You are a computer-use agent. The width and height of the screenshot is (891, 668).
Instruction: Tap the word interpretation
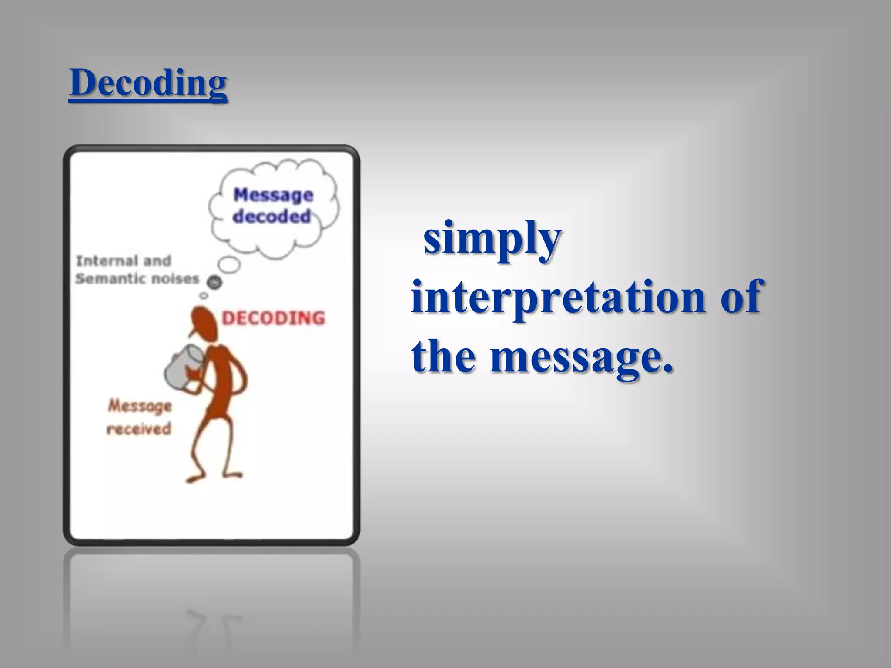[557, 297]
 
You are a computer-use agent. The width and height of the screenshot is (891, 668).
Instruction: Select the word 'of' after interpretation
[740, 297]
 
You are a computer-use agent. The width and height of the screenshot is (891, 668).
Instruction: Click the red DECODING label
[273, 318]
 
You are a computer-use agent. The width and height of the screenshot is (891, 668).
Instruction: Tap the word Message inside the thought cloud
[273, 195]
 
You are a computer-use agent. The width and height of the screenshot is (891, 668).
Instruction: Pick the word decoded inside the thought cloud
[272, 216]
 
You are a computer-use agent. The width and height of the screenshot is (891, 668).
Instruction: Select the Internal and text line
[124, 261]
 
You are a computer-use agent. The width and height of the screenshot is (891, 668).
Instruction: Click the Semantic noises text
[137, 278]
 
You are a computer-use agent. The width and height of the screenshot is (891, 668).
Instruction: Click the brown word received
[139, 429]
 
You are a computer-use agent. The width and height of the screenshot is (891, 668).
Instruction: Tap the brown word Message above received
[140, 406]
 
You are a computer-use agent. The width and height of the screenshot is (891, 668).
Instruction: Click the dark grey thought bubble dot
[214, 283]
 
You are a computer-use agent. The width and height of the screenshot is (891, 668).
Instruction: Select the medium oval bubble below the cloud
[229, 264]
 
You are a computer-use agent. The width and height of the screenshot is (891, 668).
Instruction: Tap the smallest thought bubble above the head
[203, 296]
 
